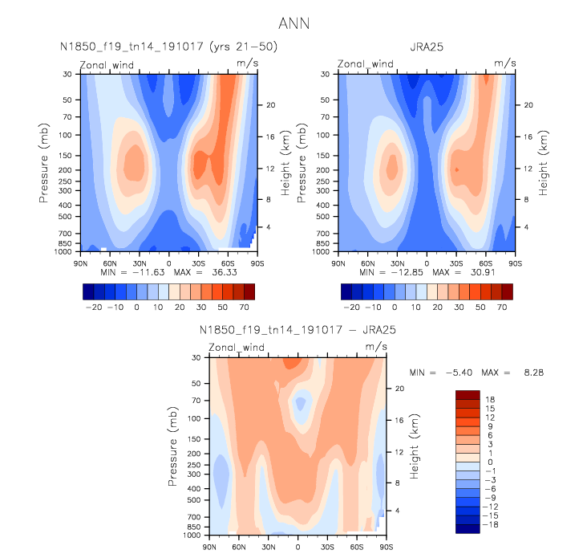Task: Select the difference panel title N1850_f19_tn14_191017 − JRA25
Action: [x=297, y=330]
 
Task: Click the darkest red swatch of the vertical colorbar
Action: [x=466, y=394]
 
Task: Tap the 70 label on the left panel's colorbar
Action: [x=249, y=308]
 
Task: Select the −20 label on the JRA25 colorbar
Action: [x=351, y=308]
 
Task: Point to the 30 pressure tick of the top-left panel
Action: [x=67, y=74]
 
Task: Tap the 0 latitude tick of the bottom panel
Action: [x=298, y=546]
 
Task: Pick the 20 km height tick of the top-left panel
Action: [x=271, y=105]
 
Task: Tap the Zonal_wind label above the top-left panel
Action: [x=105, y=63]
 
